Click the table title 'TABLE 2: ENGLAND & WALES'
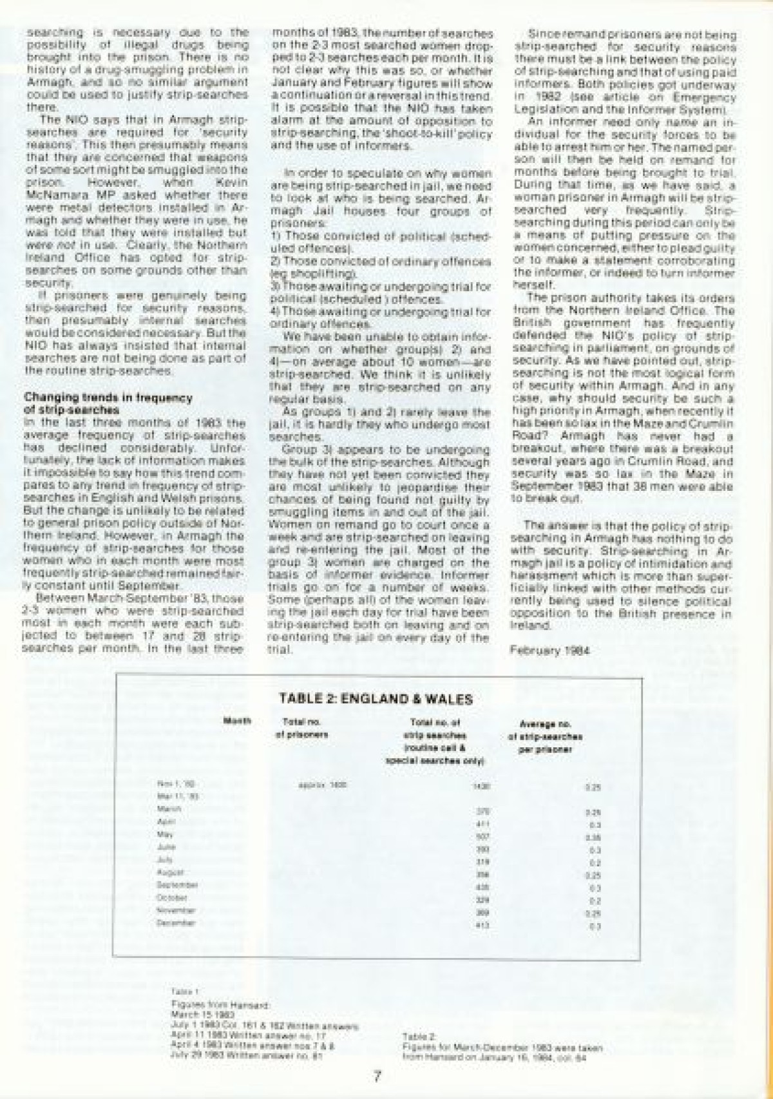[376, 700]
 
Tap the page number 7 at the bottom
[378, 1075]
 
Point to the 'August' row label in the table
[166, 872]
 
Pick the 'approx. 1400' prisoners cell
[314, 785]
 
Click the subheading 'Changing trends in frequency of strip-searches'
[108, 403]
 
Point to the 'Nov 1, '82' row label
[167, 784]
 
